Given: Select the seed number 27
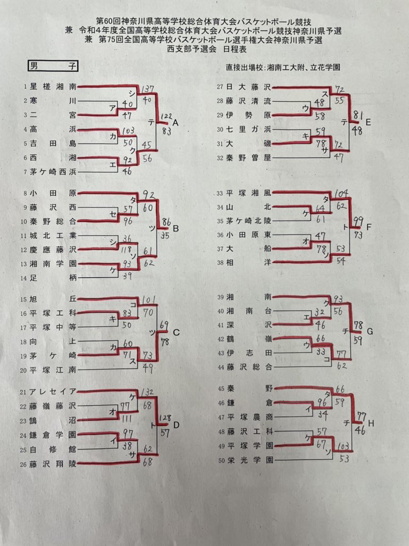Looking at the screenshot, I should (220, 86).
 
